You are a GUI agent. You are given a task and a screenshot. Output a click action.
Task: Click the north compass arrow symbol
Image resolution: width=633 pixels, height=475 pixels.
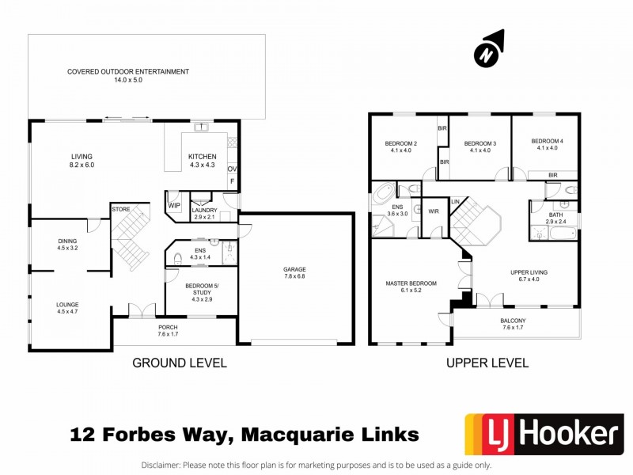tap(490, 48)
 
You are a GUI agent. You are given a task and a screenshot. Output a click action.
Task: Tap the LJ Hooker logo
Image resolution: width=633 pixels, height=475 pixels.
tap(544, 434)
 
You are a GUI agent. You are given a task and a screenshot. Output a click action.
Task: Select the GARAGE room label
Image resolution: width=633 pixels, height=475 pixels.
tap(294, 269)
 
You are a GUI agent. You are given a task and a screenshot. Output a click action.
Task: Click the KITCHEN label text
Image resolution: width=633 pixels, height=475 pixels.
tap(201, 157)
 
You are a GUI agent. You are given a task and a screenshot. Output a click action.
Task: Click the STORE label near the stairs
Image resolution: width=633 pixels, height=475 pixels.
tap(120, 210)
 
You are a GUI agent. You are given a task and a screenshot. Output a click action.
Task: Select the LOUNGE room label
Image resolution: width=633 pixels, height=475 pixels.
tap(67, 303)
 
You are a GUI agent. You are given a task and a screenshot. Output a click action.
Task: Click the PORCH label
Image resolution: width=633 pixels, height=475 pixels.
tap(168, 327)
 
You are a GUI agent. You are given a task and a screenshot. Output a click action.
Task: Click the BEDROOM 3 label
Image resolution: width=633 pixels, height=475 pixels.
tap(480, 143)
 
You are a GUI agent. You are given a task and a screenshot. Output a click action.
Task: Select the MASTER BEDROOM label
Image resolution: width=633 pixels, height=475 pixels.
tap(411, 283)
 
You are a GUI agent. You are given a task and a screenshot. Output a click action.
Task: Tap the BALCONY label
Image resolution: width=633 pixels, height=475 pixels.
tap(513, 321)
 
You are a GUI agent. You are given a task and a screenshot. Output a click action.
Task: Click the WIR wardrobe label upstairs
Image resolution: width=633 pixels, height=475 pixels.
tap(434, 211)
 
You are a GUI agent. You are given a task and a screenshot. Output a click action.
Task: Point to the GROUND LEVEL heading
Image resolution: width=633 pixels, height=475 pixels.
tap(180, 363)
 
